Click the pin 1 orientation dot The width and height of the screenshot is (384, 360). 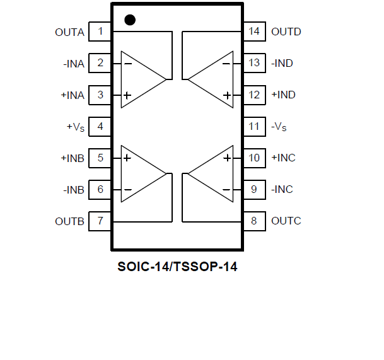[x=130, y=20]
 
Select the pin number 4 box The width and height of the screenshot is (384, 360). [x=100, y=126]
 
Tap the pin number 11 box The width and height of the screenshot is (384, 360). [x=254, y=126]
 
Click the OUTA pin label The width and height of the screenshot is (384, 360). [x=69, y=32]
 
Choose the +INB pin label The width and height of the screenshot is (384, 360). [x=72, y=158]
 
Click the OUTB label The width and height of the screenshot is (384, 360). [x=69, y=221]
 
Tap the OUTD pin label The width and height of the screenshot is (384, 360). [x=286, y=32]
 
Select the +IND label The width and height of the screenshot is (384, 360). [x=283, y=95]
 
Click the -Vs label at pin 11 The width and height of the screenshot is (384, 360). [x=279, y=127]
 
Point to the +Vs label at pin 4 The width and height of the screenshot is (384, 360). [x=75, y=127]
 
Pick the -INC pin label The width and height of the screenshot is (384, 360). [x=282, y=189]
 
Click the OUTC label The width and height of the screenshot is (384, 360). [x=286, y=221]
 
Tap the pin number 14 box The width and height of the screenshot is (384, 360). [x=254, y=32]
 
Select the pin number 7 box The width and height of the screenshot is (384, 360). [x=100, y=221]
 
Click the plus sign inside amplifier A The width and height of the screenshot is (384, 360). [x=127, y=95]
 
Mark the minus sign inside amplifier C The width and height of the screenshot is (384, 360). [x=227, y=189]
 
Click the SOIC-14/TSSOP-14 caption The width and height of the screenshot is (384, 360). [x=177, y=266]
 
